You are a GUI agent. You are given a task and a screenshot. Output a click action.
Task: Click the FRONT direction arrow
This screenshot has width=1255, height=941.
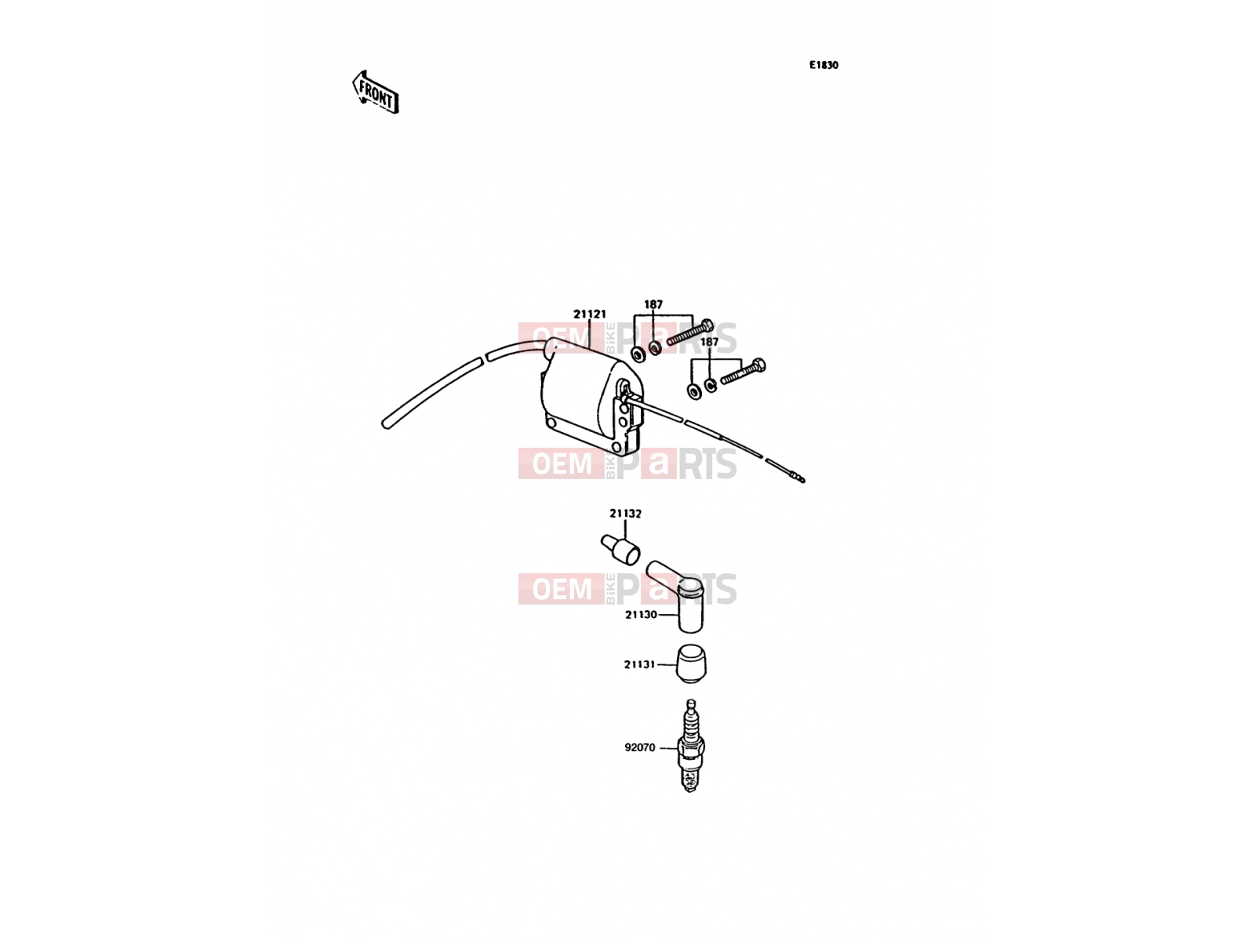pos(375,93)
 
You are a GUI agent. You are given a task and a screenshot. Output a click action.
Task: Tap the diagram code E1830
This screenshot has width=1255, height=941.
pos(824,65)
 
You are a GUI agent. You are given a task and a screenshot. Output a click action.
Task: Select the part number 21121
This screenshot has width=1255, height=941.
pos(590,314)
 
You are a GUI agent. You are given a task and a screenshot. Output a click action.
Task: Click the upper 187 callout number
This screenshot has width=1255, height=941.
pos(653,304)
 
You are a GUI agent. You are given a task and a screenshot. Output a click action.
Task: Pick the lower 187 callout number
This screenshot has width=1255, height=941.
pos(709,342)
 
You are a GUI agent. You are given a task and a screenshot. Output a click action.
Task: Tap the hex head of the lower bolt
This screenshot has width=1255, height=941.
pos(759,365)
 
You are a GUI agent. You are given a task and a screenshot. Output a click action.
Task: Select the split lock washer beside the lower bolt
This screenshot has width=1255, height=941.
pos(710,386)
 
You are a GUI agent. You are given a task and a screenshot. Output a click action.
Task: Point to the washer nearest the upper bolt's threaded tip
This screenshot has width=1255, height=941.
pos(655,347)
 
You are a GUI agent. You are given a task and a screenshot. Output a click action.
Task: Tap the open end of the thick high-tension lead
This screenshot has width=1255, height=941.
pos(385,424)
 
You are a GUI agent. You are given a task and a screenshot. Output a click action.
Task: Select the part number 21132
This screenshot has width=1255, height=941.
pos(625,514)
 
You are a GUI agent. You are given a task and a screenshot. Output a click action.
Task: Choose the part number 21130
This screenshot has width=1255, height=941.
pos(641,615)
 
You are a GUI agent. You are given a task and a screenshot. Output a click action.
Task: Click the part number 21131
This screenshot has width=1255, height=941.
pos(640,664)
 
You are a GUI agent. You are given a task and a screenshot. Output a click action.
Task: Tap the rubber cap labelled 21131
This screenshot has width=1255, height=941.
pos(691,664)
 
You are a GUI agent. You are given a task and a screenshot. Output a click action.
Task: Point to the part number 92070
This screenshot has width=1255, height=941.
pos(640,747)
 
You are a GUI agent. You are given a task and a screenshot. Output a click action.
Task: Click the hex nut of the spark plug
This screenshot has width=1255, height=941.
pos(691,747)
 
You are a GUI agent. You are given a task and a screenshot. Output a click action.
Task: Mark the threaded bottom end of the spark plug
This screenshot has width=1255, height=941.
pos(691,781)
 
